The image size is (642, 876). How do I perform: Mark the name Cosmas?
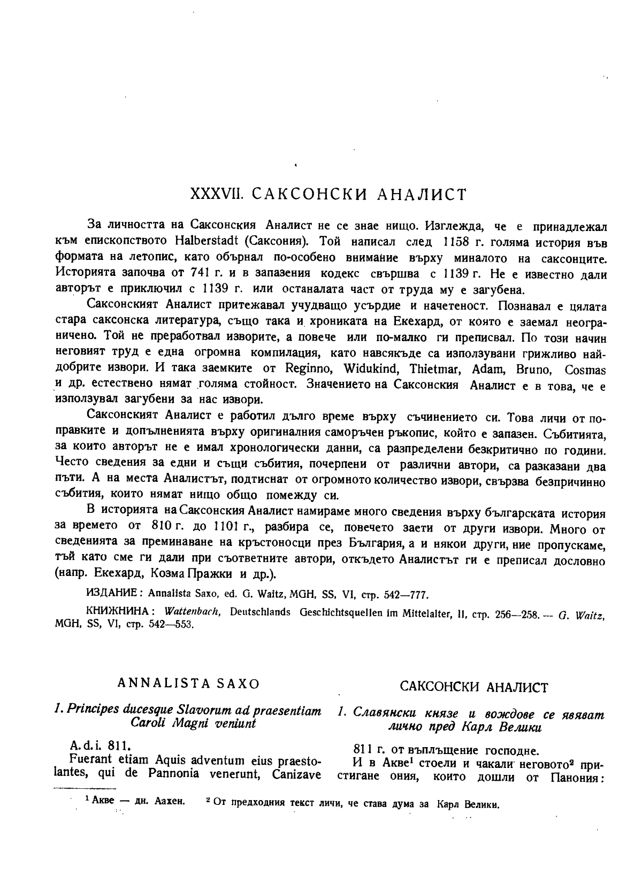pyautogui.click(x=585, y=370)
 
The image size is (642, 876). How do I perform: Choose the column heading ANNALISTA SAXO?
pyautogui.click(x=188, y=683)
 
